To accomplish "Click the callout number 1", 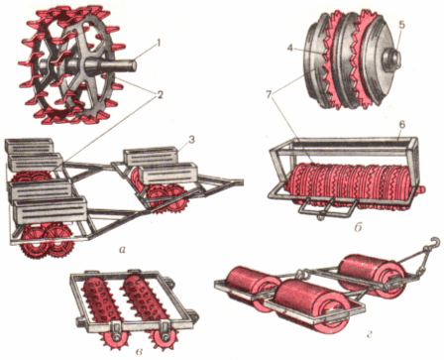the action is pyautogui.click(x=159, y=43).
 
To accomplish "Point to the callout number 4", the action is pyautogui.click(x=290, y=49).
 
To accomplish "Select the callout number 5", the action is pyautogui.click(x=401, y=25).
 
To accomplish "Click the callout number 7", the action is pyautogui.click(x=270, y=95).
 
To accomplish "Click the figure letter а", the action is pyautogui.click(x=122, y=250).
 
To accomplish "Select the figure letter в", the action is pyautogui.click(x=140, y=352).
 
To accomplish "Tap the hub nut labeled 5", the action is pyautogui.click(x=392, y=60).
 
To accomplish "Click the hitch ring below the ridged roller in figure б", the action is pyautogui.click(x=319, y=217).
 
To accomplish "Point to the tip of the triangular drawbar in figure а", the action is pyautogui.click(x=242, y=181).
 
